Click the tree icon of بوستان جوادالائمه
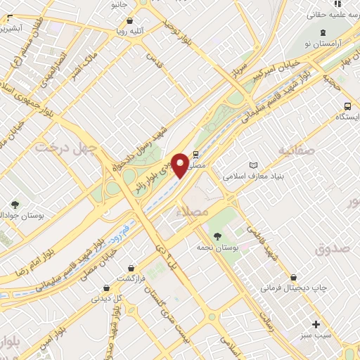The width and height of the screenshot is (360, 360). tap(13, 205)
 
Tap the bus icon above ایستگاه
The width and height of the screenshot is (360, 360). tap(347, 105)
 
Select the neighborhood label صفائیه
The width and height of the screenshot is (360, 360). tap(294, 150)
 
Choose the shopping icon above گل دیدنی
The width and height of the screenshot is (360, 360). tap(105, 287)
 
